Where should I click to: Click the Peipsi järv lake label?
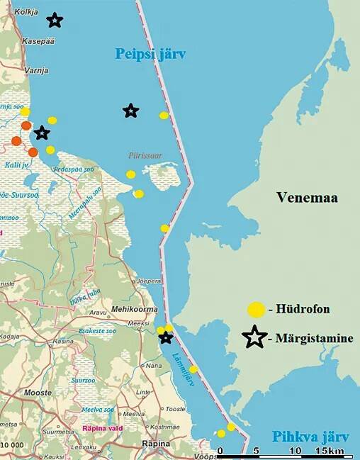[x=150, y=54]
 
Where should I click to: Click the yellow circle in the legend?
[x=256, y=310]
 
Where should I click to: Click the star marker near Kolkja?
[x=55, y=21]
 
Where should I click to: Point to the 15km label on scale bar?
[x=330, y=451]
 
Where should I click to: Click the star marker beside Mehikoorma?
[x=166, y=337]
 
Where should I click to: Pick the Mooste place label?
[x=38, y=392]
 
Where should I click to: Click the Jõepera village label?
[x=150, y=280]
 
